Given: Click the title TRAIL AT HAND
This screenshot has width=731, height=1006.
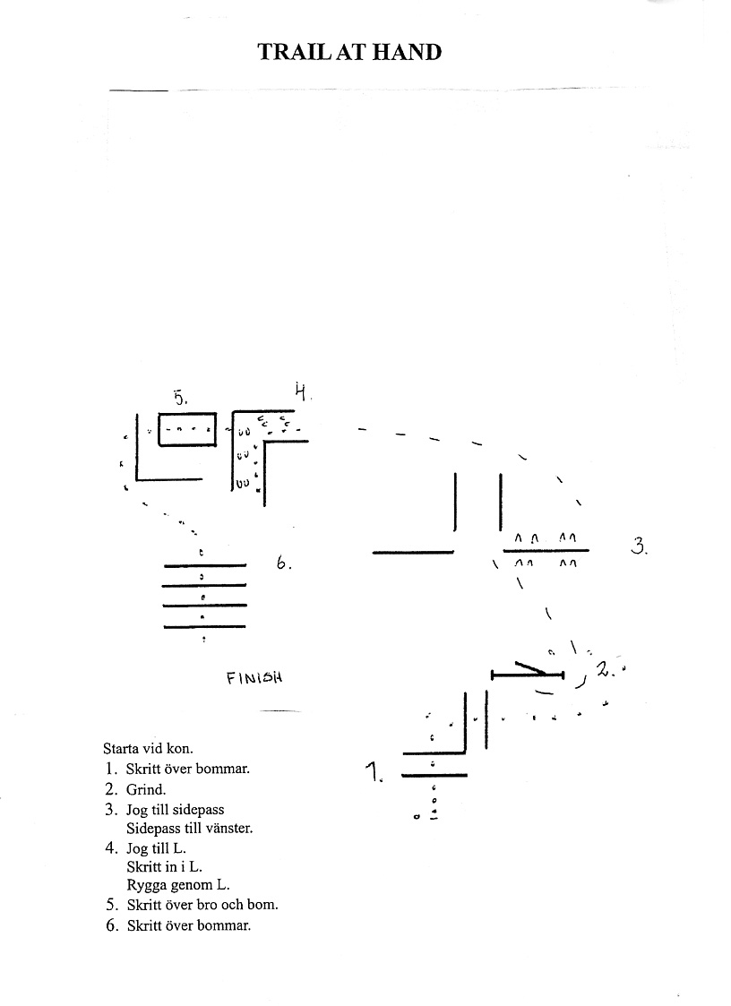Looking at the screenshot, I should coord(349,52).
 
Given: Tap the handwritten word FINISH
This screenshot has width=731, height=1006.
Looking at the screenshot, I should coord(255,677).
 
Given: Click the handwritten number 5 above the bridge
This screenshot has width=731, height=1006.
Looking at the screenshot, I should coord(180,396).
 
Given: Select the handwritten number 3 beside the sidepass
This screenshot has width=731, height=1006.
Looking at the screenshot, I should coord(639,545).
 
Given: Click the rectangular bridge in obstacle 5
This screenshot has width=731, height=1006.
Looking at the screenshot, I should coord(187,429).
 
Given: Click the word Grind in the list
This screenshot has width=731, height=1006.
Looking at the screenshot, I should coord(146,789).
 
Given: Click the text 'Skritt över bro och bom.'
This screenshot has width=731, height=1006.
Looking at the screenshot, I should coord(202,905).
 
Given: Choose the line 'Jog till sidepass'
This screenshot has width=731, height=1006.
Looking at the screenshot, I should coord(176,810).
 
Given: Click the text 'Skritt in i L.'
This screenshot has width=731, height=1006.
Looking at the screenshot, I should coord(164,866).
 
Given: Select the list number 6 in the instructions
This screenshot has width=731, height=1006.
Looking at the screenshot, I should coord(111,925).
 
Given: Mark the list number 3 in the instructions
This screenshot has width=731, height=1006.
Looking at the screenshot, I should coord(111,810).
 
